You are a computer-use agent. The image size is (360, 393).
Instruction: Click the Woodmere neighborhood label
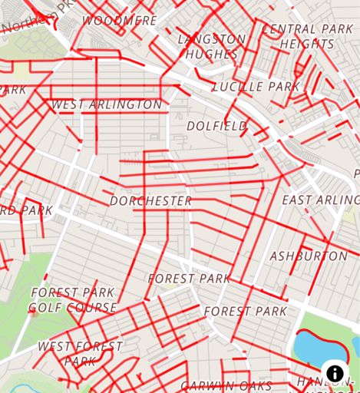(x=119, y=21)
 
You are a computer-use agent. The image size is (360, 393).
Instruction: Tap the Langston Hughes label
(x=212, y=46)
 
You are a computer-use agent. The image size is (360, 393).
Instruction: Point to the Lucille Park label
(x=256, y=87)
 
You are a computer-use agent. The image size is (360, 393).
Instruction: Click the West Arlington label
(x=107, y=104)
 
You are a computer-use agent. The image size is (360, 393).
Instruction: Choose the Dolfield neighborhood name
(x=217, y=125)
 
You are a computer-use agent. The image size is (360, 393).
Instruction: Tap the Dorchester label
(x=150, y=201)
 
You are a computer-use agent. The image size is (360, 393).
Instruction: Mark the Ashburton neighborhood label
(x=309, y=256)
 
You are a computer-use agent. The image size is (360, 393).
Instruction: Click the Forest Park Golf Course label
(x=72, y=300)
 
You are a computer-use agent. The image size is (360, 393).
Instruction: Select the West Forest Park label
(x=80, y=353)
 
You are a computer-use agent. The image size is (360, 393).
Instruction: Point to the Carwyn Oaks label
(x=226, y=385)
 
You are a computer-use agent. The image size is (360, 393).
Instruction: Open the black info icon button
(x=335, y=374)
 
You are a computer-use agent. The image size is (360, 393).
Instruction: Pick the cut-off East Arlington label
(x=320, y=200)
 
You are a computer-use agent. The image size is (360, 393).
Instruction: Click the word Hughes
(x=212, y=54)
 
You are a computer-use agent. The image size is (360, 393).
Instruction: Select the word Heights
(x=307, y=45)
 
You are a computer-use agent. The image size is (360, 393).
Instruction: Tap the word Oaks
(x=256, y=385)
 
